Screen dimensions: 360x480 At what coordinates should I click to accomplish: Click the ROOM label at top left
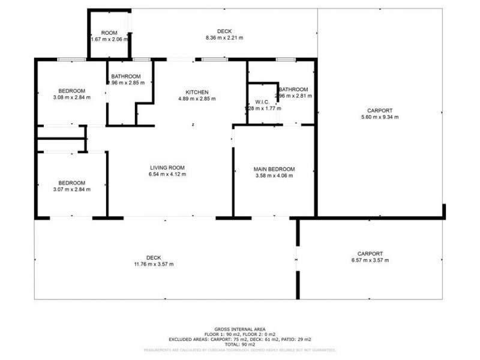pyautogui.click(x=109, y=32)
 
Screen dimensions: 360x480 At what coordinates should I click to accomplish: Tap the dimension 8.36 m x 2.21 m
pyautogui.click(x=224, y=38)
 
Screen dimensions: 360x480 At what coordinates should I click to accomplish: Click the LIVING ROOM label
pyautogui.click(x=167, y=167)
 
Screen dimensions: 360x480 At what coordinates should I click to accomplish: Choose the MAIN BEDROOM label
pyautogui.click(x=274, y=169)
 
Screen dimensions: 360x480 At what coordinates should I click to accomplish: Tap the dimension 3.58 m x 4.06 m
pyautogui.click(x=274, y=176)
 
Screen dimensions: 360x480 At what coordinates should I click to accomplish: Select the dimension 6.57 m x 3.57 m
pyautogui.click(x=370, y=260)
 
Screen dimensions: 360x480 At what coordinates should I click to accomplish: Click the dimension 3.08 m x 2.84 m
pyautogui.click(x=71, y=97)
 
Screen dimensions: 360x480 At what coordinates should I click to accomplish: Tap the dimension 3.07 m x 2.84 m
pyautogui.click(x=71, y=190)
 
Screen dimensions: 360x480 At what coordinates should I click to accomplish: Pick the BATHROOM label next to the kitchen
pyautogui.click(x=126, y=76)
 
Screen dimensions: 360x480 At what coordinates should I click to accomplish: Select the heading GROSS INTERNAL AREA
pyautogui.click(x=239, y=329)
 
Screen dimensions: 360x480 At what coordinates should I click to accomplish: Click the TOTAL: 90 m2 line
pyautogui.click(x=239, y=345)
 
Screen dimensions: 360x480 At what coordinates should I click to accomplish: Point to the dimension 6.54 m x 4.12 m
pyautogui.click(x=167, y=174)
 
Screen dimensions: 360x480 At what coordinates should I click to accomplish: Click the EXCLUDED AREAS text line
pyautogui.click(x=239, y=340)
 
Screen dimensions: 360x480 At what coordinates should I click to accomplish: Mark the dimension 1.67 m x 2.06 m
pyautogui.click(x=110, y=39)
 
